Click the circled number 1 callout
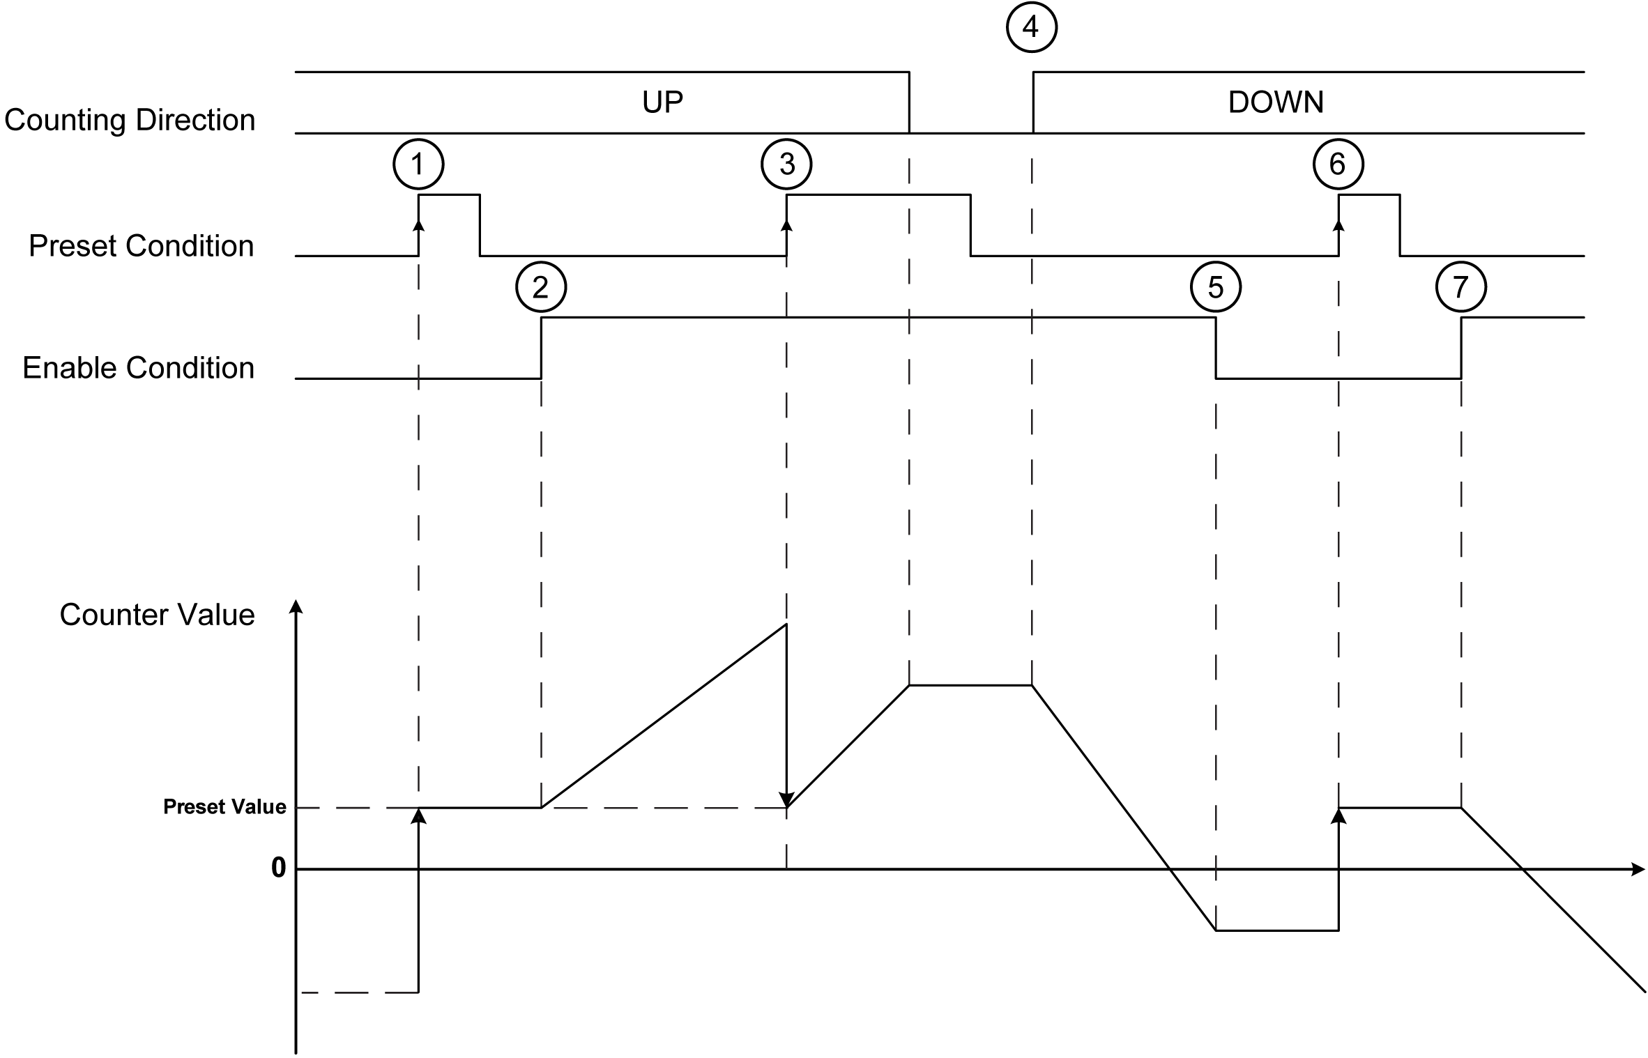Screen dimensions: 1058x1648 pos(418,164)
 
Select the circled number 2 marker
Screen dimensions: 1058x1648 pos(541,287)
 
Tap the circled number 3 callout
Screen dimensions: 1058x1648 pos(786,164)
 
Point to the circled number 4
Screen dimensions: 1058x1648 pos(1032,28)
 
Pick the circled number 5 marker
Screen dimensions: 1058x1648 pos(1216,287)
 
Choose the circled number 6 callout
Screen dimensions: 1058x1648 pos(1338,164)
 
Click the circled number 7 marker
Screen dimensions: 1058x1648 pos(1461,287)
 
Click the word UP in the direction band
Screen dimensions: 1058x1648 pos(662,102)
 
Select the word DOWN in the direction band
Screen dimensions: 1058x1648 pos(1276,102)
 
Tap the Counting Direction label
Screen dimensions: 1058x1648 pos(130,120)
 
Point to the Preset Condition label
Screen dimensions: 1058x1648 pos(141,246)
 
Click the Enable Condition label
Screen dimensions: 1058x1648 pos(138,368)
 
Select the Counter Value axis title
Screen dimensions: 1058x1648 pos(157,615)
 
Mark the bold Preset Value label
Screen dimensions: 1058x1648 pos(224,806)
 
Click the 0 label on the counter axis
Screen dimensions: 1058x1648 pos(278,868)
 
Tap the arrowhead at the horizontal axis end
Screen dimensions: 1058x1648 pos(1638,869)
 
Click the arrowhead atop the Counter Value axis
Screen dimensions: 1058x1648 pos(296,606)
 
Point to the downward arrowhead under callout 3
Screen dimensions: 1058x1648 pos(786,800)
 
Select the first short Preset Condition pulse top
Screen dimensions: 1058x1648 pos(449,195)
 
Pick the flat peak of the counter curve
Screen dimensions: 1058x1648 pos(970,686)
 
